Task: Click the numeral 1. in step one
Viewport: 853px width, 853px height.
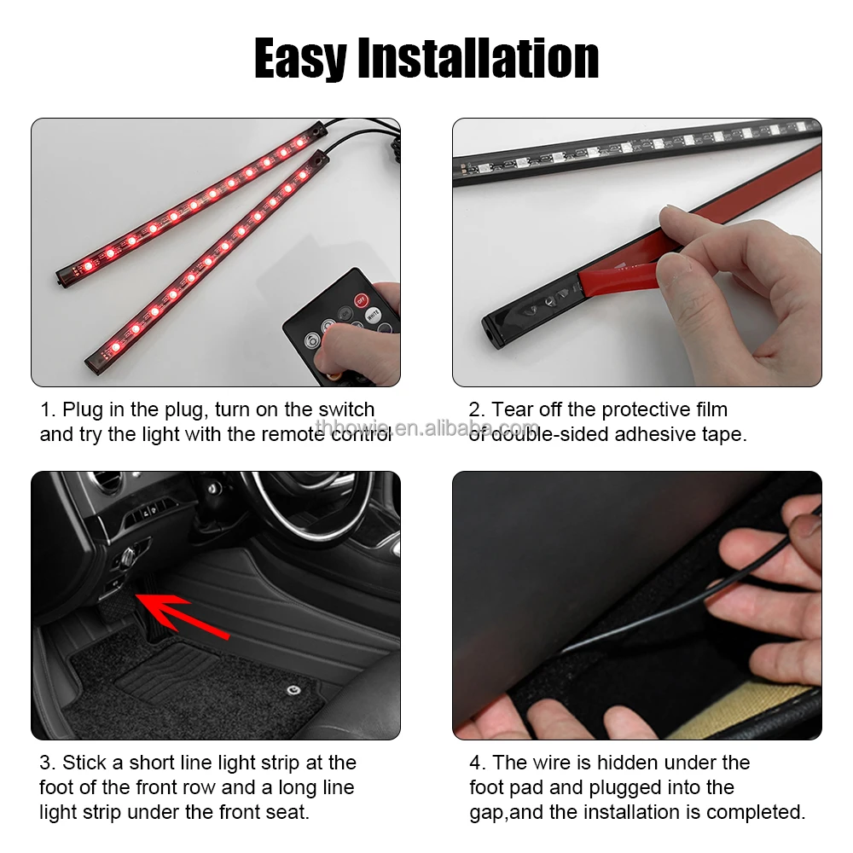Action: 48,410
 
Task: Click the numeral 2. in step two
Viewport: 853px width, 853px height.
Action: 477,410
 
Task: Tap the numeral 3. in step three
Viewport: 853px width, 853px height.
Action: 48,763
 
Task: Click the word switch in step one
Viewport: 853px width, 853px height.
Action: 346,410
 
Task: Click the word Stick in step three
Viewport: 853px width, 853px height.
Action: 84,763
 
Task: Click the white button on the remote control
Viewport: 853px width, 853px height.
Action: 373,314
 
